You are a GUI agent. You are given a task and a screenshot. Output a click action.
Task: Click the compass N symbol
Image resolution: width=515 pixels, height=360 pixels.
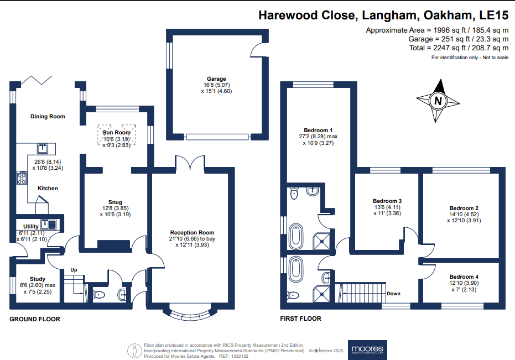438,101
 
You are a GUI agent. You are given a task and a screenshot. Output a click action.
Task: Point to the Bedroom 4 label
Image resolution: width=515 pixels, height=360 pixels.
464,277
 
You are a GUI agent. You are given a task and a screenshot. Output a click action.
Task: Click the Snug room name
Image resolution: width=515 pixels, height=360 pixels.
116,202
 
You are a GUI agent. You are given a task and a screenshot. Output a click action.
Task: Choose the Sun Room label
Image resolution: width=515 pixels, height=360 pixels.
116,133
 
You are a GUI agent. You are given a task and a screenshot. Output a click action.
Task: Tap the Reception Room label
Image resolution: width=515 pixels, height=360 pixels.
192,232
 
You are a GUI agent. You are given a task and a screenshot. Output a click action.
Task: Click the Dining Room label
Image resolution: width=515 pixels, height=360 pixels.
48,117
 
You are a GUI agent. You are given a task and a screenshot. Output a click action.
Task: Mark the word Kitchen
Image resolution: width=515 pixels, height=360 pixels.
48,189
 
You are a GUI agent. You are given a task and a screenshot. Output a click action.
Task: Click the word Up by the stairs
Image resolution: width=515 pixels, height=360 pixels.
72,270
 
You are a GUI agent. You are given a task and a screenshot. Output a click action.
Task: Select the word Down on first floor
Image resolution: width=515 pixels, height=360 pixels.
393,294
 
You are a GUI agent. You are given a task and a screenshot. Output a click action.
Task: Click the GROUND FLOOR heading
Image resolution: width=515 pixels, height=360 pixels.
35,319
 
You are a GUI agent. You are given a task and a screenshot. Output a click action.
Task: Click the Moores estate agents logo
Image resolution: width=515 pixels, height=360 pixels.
367,349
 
